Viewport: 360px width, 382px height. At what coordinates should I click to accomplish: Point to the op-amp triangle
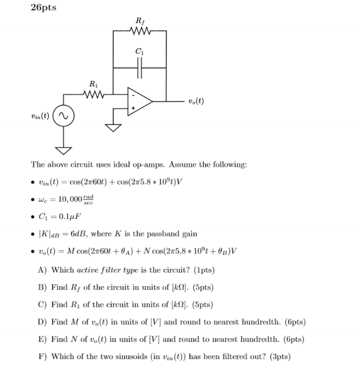pyautogui.click(x=139, y=102)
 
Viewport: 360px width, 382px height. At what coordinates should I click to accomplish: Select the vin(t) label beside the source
pyautogui.click(x=40, y=117)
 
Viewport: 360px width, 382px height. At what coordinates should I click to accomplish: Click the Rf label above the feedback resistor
pyautogui.click(x=140, y=21)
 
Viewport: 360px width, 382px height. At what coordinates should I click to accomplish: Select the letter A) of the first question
pyautogui.click(x=42, y=270)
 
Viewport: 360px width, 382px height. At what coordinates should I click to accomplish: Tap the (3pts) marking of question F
pyautogui.click(x=279, y=355)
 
